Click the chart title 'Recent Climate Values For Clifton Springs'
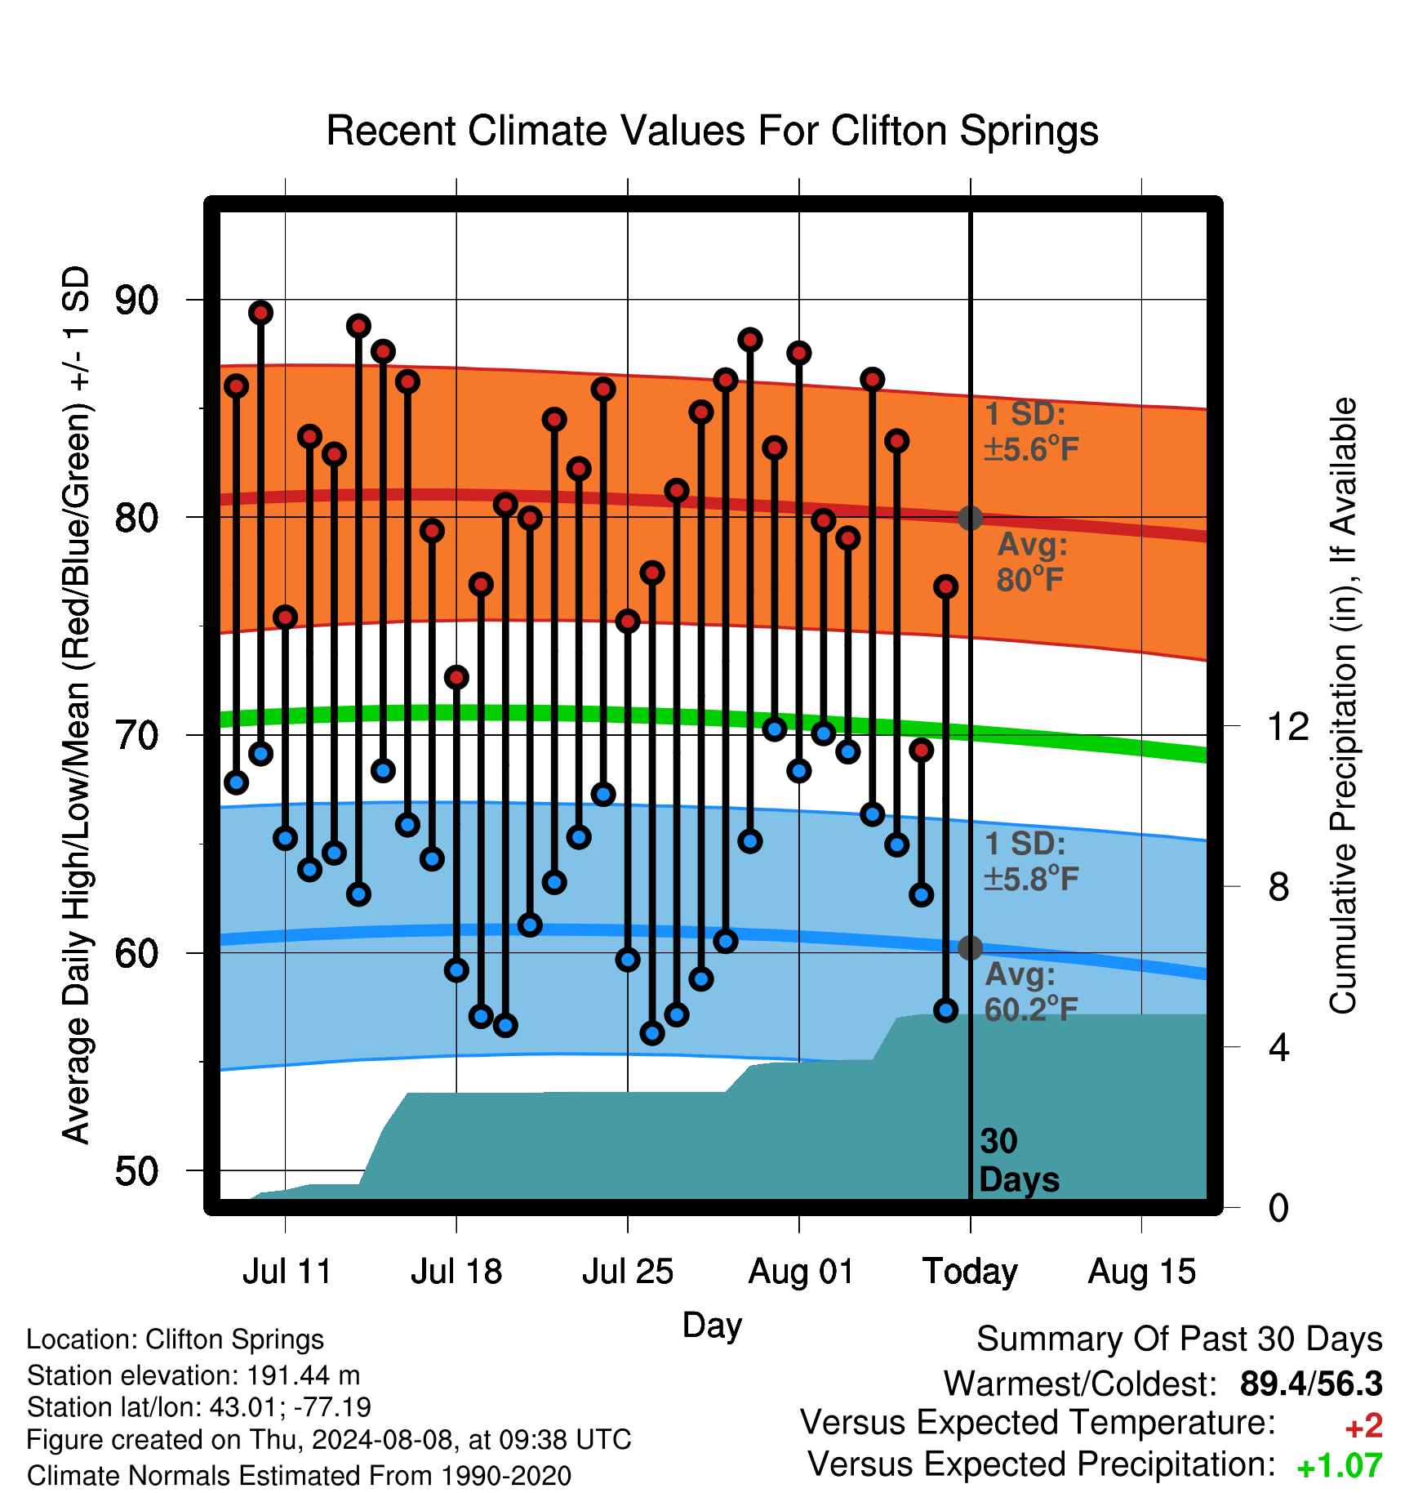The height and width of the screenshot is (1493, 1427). pos(712,131)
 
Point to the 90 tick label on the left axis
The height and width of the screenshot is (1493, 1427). pos(136,300)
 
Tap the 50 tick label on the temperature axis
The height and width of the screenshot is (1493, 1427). pos(136,1170)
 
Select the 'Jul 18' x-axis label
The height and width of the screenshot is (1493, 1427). pos(456,1272)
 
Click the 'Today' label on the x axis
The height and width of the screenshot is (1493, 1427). pos(970,1272)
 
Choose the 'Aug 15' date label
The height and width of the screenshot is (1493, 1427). pos(1141,1272)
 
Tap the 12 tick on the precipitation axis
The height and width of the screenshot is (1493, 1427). pos(1287,726)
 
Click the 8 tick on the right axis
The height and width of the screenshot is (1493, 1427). pos(1278,886)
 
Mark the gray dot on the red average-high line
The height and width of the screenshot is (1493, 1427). pos(970,517)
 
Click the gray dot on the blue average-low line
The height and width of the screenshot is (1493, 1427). pos(970,947)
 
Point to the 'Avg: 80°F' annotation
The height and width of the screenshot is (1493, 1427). pos(1032,562)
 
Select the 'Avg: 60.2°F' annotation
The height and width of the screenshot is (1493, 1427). pos(1032,992)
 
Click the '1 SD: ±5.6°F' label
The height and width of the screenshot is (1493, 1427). pos(1032,431)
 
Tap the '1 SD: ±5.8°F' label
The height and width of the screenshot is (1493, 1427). pos(1032,861)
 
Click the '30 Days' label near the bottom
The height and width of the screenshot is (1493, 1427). pos(1019,1161)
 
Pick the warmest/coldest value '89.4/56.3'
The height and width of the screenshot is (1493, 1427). pos(1311,1384)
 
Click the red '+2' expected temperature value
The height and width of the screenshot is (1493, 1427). pos(1363,1426)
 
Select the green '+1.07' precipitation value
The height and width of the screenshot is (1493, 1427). pos(1340,1466)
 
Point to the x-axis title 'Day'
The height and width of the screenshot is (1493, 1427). pos(712,1325)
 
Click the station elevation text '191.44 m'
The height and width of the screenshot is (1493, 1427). pos(303,1375)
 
